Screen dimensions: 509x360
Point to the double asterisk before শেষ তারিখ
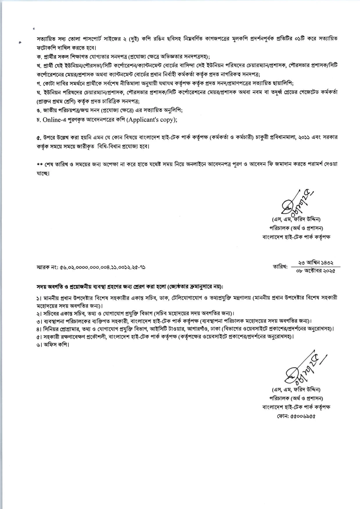[40, 164]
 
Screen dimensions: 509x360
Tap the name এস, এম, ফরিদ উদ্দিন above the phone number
[296, 389]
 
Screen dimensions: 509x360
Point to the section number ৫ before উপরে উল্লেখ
[38, 137]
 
